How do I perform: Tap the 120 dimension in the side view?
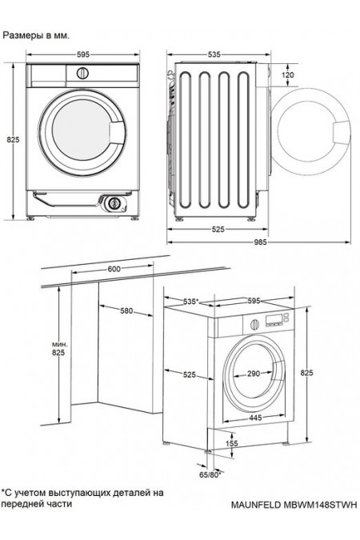click(288, 74)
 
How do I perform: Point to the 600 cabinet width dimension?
click(114, 270)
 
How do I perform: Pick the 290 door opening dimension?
click(254, 374)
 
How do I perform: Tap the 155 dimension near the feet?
click(232, 444)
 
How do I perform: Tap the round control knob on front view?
click(82, 73)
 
